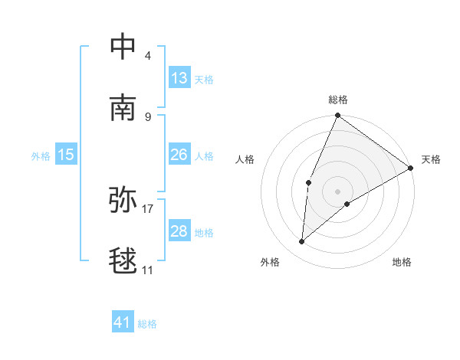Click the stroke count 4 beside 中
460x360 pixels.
coord(148,56)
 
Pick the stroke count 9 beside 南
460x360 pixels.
coord(148,116)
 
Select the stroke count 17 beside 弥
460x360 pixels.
coord(148,208)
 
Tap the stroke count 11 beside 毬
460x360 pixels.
coord(148,270)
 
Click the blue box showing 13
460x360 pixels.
coord(179,78)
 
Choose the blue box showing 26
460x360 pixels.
coord(179,155)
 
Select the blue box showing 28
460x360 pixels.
coord(179,231)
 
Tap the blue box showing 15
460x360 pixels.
coord(66,155)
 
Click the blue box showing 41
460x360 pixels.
coord(123,322)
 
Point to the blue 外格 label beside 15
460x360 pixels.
coord(41,156)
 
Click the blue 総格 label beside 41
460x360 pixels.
coord(147,324)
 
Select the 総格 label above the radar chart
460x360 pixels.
coord(338,100)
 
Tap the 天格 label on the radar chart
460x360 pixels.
coord(431,159)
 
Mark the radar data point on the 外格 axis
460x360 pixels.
coord(302,242)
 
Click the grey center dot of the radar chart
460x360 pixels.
coord(338,191)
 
